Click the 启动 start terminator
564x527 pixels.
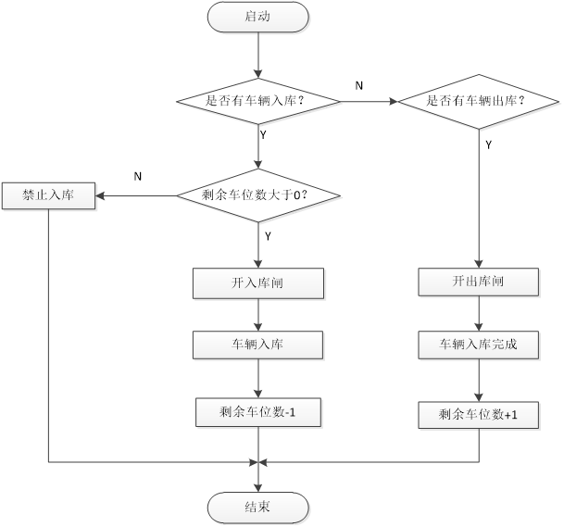[258, 18]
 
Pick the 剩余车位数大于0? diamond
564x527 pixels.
[258, 194]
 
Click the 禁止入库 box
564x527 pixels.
[48, 195]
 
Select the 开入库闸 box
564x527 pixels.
[258, 282]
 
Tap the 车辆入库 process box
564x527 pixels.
[258, 345]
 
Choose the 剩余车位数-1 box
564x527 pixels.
[258, 412]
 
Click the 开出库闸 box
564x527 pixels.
[479, 282]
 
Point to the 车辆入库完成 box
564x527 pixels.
[479, 345]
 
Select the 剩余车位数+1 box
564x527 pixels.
[479, 416]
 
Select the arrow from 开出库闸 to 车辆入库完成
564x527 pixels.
[479, 314]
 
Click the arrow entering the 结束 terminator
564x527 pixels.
[258, 476]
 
